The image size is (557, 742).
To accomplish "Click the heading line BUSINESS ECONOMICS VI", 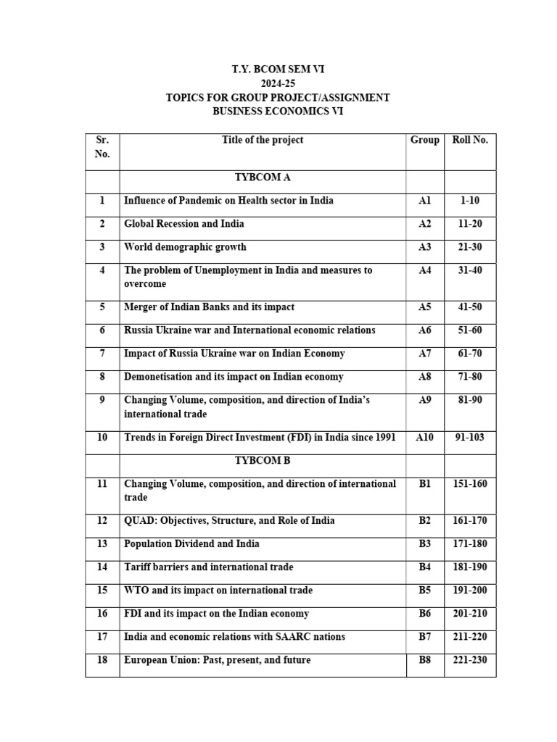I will click(278, 112).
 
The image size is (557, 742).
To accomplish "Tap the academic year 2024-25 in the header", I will click(278, 84).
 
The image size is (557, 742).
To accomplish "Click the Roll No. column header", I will click(470, 140).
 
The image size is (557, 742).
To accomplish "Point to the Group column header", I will click(425, 140).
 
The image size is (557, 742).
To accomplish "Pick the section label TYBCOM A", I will click(263, 177).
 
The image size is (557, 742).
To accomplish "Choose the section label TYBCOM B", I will click(263, 460).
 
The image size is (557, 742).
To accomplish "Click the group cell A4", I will click(425, 270).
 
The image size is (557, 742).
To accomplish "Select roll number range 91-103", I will click(470, 438).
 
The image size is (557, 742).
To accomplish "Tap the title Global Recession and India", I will click(184, 224).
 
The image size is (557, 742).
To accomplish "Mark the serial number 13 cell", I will click(102, 544).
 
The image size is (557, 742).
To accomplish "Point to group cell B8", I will click(425, 660).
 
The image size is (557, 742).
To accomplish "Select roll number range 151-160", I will click(470, 483).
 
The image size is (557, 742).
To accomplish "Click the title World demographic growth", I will click(185, 247).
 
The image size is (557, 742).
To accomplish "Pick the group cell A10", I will click(425, 438).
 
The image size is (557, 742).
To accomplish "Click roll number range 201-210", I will click(470, 614).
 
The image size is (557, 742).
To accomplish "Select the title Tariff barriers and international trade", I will click(209, 567).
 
